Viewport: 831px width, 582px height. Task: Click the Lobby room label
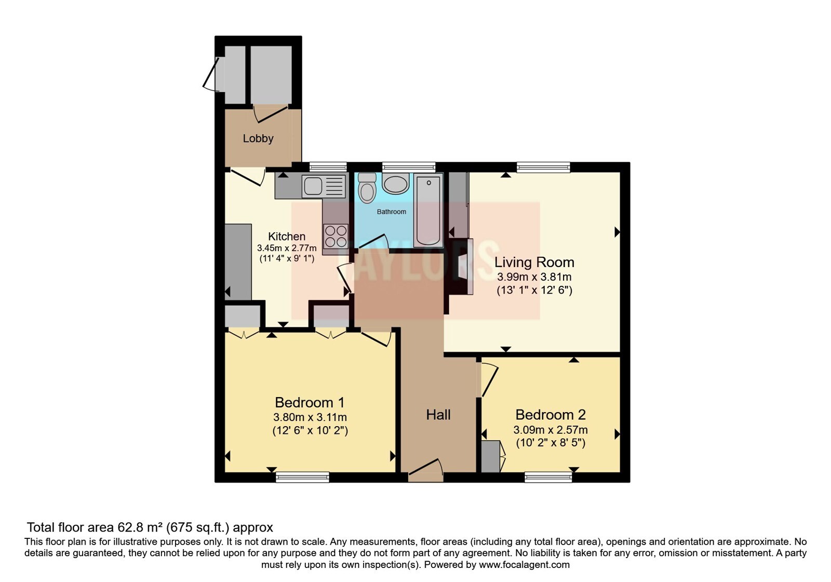coord(258,138)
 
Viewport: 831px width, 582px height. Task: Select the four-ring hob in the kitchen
coord(336,236)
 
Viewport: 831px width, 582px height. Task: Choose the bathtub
coord(428,210)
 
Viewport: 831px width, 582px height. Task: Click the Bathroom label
coord(392,211)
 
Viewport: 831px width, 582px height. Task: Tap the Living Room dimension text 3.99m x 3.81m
coord(534,277)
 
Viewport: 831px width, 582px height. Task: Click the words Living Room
coord(534,262)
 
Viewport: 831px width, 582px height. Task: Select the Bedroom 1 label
coord(310,402)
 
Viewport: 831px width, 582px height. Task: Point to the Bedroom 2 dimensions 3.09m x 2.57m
coord(550,430)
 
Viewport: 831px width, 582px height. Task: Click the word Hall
coord(438,415)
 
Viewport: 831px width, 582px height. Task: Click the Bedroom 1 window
coord(302,477)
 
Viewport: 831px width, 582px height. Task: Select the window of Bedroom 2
coord(548,477)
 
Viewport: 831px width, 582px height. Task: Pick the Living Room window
coord(543,167)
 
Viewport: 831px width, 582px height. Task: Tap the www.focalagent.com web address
coord(524,565)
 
